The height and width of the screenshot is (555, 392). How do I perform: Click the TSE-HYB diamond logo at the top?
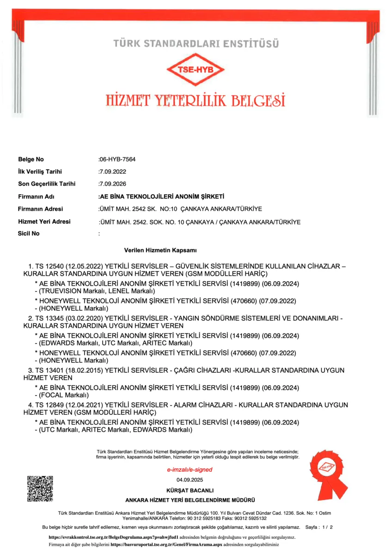(x=196, y=70)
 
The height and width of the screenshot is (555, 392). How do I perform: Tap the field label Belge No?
(x=31, y=160)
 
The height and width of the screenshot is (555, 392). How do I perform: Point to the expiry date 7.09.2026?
(x=113, y=184)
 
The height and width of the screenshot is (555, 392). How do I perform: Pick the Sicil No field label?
(x=29, y=234)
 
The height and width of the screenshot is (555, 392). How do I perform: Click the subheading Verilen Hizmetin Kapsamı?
(x=160, y=250)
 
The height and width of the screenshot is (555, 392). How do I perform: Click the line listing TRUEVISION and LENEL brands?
(x=95, y=291)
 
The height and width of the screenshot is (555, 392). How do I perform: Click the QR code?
(x=40, y=488)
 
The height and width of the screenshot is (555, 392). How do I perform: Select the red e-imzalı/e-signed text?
(x=190, y=469)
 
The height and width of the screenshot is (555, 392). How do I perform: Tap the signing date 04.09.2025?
(x=190, y=480)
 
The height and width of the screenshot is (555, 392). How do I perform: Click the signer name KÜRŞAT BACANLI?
(x=190, y=490)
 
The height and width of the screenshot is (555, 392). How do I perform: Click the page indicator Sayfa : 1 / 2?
(x=319, y=527)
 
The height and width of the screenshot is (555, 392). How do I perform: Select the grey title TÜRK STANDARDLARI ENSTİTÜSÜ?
(x=196, y=44)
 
